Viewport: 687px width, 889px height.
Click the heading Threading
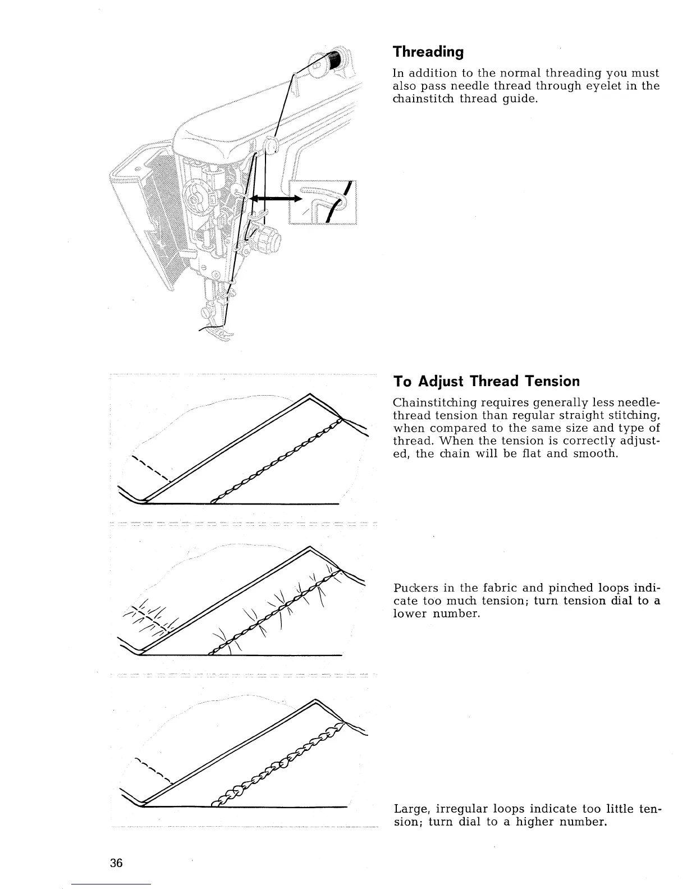[428, 52]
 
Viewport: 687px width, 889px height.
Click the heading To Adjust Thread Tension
[486, 382]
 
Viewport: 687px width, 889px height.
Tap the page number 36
[116, 863]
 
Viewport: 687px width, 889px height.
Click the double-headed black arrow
[274, 199]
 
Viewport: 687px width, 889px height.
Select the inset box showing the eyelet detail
[323, 202]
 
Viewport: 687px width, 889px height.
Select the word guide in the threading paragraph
[521, 99]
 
